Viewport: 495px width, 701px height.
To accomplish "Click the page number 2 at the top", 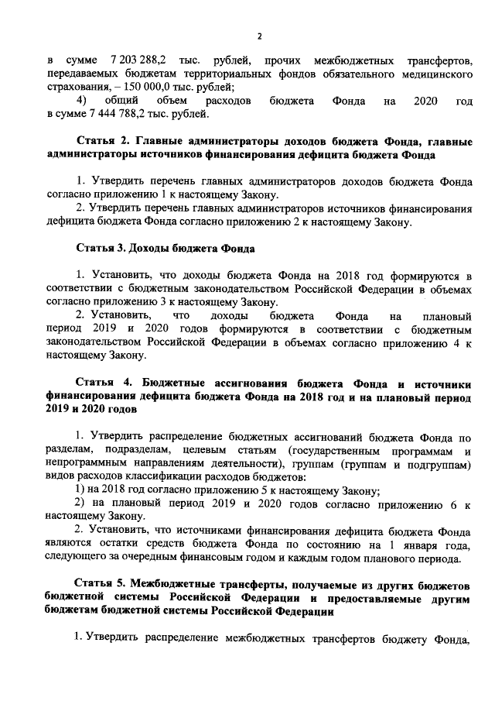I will pyautogui.click(x=260, y=36).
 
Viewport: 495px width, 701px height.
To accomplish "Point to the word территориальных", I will pyautogui.click(x=223, y=74).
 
